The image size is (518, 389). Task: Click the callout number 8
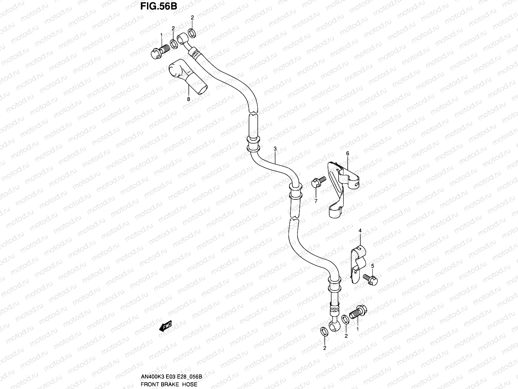pos(188,100)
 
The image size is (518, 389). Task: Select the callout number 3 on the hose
pos(275,149)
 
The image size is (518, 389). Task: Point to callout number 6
pos(347,153)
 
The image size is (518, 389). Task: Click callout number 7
pos(316,201)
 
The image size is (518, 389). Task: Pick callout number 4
pos(360,230)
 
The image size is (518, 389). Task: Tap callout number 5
pos(373,266)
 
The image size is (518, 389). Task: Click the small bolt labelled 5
pos(371,279)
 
